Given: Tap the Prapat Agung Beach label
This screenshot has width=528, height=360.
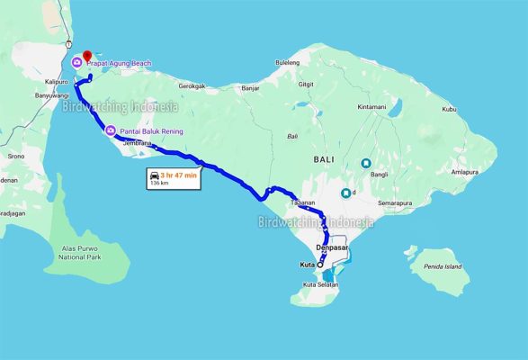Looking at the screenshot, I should click(x=119, y=63).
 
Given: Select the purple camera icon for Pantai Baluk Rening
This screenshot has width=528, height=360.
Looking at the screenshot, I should click(x=110, y=131).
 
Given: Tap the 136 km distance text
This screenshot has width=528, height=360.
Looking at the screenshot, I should click(x=159, y=183).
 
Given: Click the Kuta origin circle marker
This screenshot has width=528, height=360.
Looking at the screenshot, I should click(x=320, y=265).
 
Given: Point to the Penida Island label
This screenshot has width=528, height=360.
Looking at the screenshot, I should click(x=443, y=267).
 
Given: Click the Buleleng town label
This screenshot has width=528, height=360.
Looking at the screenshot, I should click(x=287, y=62).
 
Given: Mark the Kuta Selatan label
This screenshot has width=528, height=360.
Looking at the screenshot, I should click(x=321, y=285).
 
